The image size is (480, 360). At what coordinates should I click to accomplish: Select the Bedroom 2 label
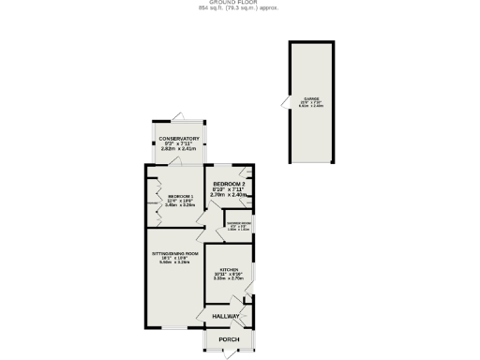228,183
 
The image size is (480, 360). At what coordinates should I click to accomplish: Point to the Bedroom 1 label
181,196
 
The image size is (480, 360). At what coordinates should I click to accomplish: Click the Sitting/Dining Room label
175,254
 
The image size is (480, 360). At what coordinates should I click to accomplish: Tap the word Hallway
225,317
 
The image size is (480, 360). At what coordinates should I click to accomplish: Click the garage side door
285,102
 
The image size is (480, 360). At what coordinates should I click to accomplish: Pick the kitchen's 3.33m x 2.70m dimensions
229,278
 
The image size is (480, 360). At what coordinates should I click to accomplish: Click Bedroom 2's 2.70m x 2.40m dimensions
228,195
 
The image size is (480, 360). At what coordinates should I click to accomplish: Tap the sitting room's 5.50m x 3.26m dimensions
175,262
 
